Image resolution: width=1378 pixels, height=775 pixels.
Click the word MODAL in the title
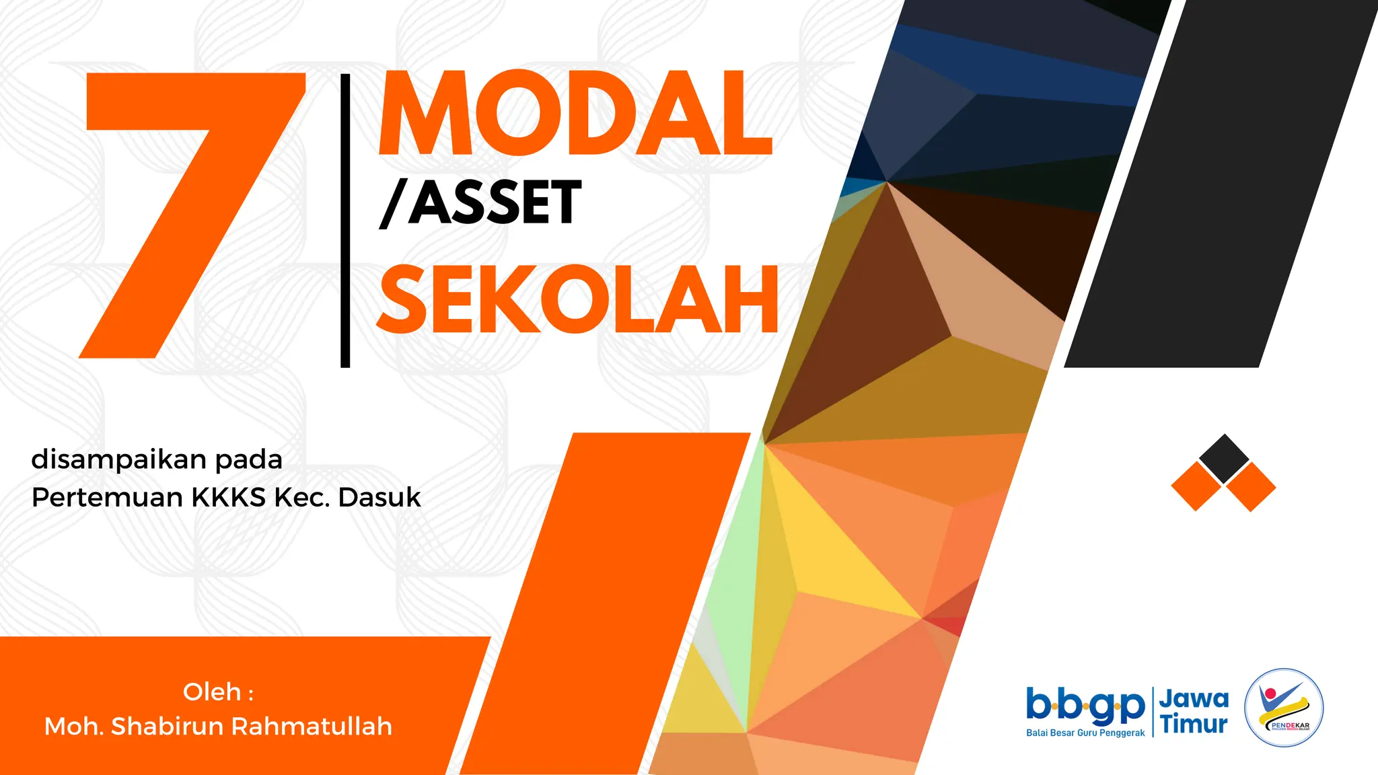click(575, 114)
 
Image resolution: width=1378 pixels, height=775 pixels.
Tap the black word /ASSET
click(480, 202)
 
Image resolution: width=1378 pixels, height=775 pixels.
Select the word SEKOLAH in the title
click(577, 300)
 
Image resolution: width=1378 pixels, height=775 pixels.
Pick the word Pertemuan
click(108, 498)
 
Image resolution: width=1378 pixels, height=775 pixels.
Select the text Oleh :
click(218, 692)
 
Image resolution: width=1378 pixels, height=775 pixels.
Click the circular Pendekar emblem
click(1284, 708)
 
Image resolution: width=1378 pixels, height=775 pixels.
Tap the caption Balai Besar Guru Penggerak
click(1085, 733)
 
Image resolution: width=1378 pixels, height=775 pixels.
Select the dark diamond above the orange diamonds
click(1224, 458)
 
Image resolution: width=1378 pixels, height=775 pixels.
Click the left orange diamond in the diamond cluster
click(1196, 486)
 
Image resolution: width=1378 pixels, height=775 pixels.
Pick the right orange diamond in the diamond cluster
click(1251, 487)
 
